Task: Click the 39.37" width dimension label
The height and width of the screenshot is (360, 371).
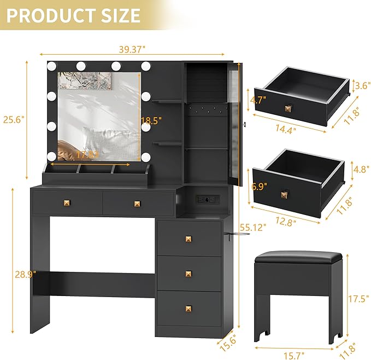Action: point(132,49)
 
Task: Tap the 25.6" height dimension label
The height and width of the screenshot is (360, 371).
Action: point(14,119)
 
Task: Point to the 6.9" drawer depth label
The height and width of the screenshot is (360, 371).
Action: point(258,186)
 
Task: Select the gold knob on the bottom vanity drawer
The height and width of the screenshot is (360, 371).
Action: point(189,308)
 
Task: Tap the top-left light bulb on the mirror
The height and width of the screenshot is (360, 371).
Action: point(52,67)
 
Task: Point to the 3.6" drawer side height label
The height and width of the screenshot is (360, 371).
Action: point(359,85)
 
